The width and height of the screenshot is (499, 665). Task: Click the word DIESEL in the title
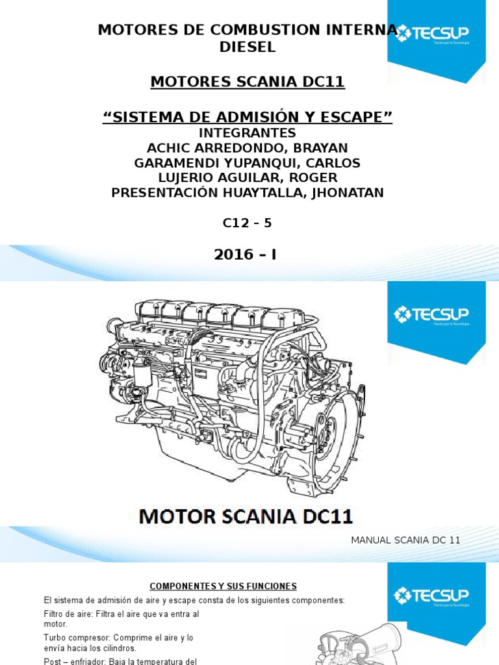(x=248, y=47)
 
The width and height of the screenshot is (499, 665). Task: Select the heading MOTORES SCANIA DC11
(x=248, y=82)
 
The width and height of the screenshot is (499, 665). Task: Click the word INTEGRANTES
(x=248, y=133)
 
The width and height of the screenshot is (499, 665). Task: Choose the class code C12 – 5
(x=248, y=223)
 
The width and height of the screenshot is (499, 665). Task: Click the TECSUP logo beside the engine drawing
(x=431, y=316)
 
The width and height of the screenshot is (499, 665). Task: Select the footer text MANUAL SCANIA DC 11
(x=405, y=540)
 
